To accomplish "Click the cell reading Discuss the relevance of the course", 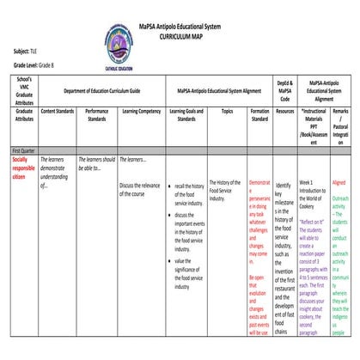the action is (139, 189).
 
